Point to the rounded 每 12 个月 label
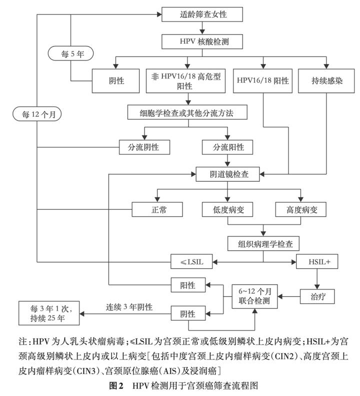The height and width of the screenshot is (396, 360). pyautogui.click(x=38, y=114)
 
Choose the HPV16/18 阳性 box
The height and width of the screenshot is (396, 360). pyautogui.click(x=263, y=80)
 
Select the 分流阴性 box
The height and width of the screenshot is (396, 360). pyautogui.click(x=144, y=147)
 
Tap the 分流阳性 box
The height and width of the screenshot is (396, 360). pyautogui.click(x=227, y=147)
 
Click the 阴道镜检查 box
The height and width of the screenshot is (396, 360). pyautogui.click(x=227, y=175)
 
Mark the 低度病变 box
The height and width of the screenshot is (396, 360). pyautogui.click(x=227, y=209)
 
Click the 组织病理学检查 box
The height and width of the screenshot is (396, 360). pyautogui.click(x=263, y=244)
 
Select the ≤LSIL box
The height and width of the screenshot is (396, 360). pyautogui.click(x=192, y=261)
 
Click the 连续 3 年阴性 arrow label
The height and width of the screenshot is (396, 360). pyautogui.click(x=127, y=307)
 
